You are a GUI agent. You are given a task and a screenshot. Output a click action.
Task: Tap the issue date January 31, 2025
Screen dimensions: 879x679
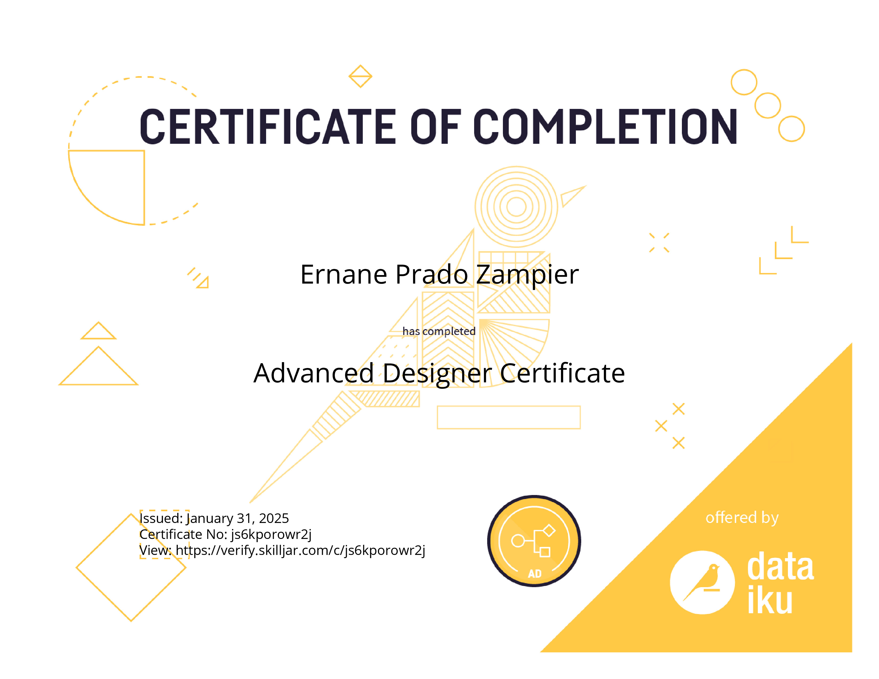click(x=237, y=518)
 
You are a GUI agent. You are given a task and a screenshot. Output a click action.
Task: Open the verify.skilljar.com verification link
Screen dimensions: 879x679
click(x=300, y=550)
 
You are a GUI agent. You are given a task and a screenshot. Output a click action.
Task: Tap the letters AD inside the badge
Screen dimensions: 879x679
click(x=535, y=574)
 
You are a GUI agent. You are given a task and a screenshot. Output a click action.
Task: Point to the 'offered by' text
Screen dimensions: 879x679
click(x=742, y=518)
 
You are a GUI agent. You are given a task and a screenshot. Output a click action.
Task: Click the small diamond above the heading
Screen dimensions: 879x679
click(x=360, y=76)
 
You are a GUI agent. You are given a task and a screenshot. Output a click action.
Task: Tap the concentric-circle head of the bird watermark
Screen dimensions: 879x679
click(x=516, y=207)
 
